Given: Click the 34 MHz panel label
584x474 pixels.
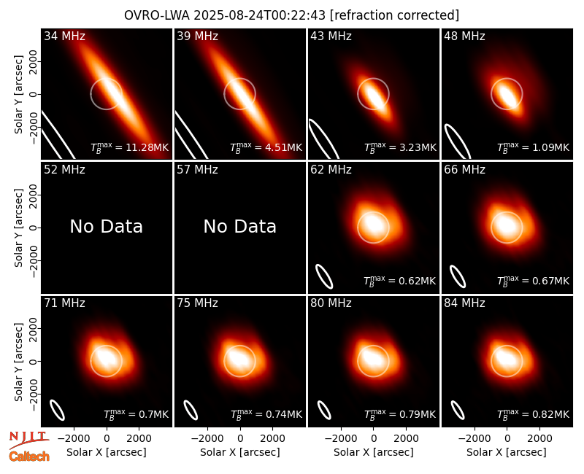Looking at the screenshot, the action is point(64,36).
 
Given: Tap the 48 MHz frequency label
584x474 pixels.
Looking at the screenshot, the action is point(464,36).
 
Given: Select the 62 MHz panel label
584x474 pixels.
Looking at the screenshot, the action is point(331,170).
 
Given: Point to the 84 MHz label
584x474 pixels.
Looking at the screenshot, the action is point(464,303).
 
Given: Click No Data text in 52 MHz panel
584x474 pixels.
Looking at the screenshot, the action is point(107,227).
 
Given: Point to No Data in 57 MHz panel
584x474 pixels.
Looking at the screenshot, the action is point(240,227).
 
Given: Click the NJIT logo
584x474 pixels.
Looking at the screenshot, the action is point(28,440).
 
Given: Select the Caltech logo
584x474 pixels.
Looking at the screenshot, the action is point(29,456).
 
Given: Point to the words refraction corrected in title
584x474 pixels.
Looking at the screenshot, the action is point(394,15).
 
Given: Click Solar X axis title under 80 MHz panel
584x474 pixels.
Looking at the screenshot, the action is point(374,452).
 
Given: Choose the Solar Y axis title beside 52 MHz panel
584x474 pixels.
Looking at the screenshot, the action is point(19,228).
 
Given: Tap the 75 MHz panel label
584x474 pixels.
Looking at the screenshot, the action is point(197,303).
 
